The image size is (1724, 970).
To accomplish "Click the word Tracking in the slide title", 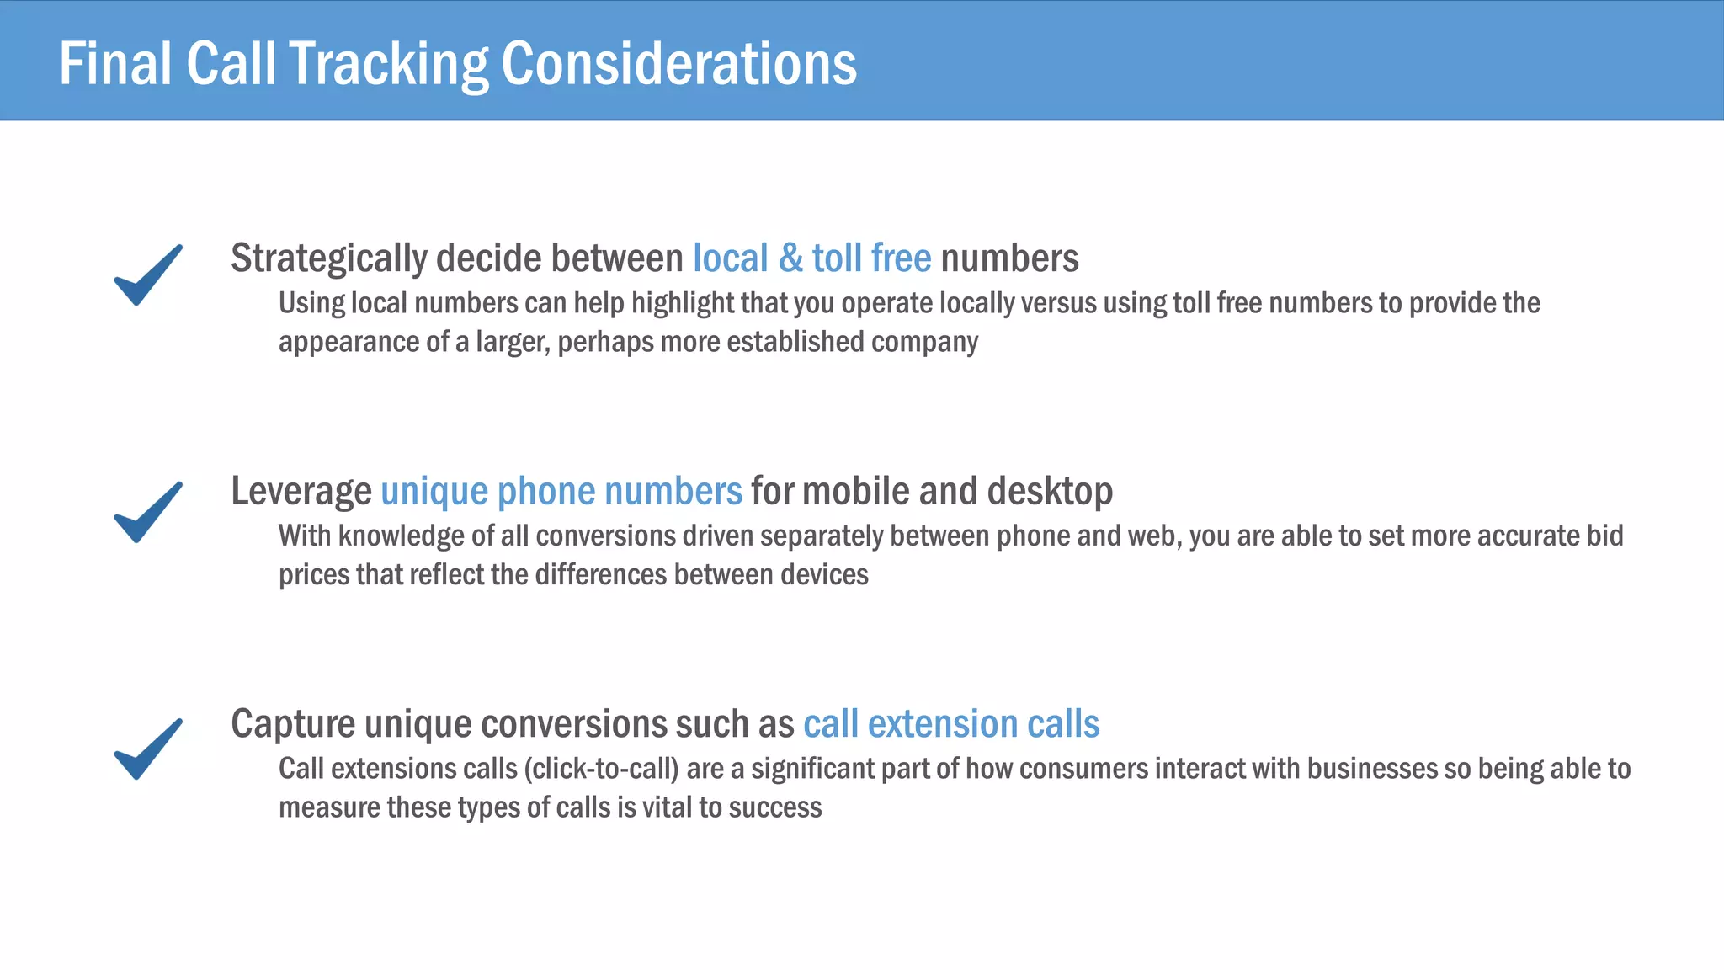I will tap(388, 65).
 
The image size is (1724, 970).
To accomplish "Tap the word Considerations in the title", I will tap(678, 65).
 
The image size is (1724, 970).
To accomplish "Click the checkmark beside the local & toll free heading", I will tap(148, 274).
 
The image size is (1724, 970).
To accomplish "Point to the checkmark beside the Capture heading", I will tap(148, 749).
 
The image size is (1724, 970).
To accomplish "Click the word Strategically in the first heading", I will tap(328, 258).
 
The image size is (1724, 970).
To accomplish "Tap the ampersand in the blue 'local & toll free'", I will tap(790, 258).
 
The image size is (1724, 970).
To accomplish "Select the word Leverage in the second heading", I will tap(301, 492).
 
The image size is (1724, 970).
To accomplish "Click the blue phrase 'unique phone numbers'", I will tap(561, 492).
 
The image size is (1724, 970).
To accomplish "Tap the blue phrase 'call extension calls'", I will tap(951, 724).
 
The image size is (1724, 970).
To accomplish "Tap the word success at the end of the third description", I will tap(775, 807).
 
